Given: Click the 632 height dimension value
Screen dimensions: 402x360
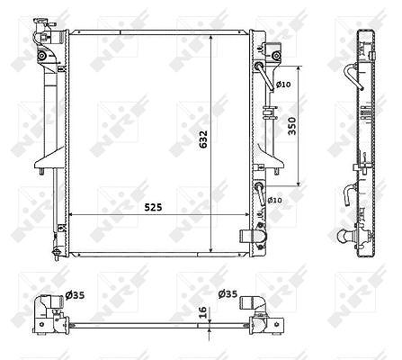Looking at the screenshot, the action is pyautogui.click(x=203, y=139).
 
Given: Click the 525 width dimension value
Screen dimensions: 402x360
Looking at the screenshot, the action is pyautogui.click(x=153, y=207).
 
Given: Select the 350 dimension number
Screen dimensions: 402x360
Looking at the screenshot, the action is pyautogui.click(x=291, y=126).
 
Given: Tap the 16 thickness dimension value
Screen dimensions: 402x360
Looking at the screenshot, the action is pyautogui.click(x=202, y=312).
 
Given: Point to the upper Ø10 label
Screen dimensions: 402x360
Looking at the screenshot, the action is pyautogui.click(x=283, y=85).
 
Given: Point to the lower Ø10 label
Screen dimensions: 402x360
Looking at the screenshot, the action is pyautogui.click(x=274, y=200).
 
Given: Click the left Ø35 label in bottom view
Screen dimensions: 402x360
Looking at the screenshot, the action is pyautogui.click(x=75, y=295).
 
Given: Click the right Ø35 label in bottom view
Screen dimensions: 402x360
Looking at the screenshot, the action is pyautogui.click(x=228, y=294).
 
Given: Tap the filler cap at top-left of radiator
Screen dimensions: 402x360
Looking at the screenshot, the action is pyautogui.click(x=43, y=23).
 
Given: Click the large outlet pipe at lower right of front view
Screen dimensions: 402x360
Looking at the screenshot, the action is pyautogui.click(x=253, y=237).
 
